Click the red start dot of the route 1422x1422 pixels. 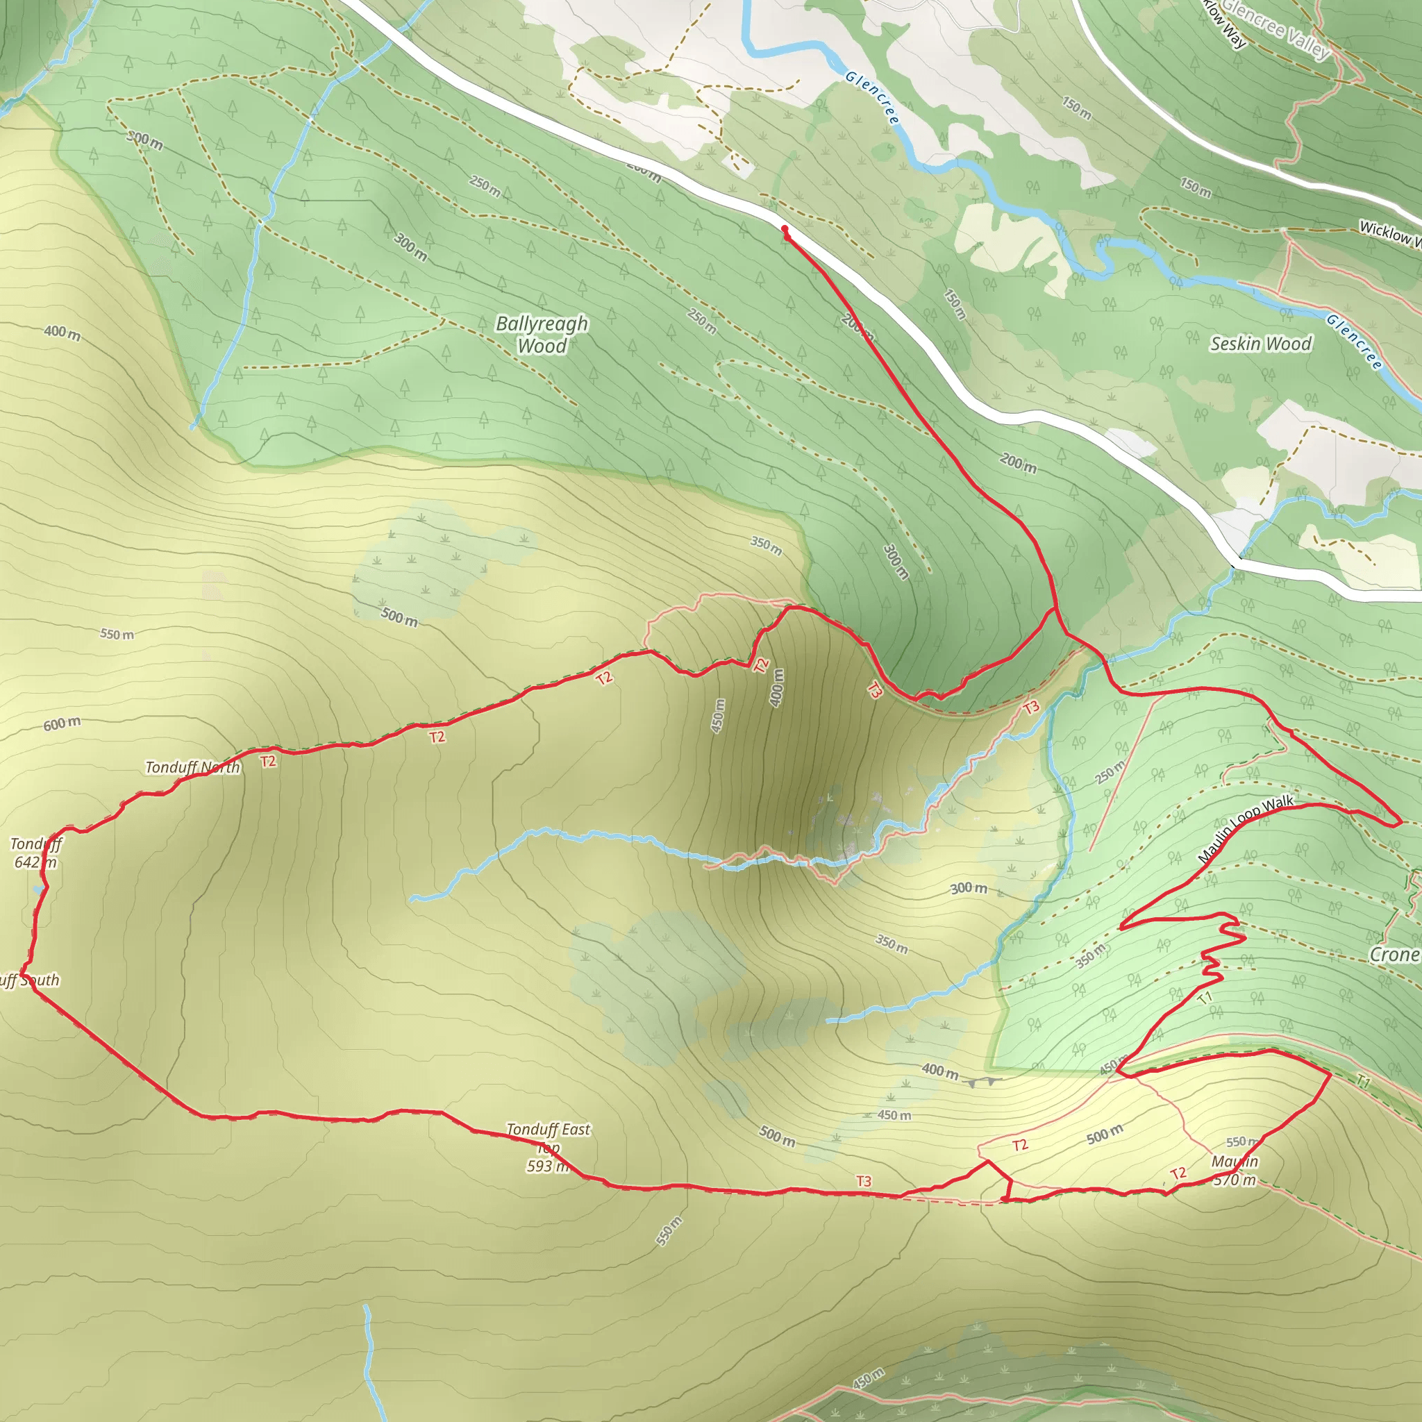coord(785,229)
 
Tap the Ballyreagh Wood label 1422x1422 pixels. coord(542,334)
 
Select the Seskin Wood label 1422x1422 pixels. coord(1261,344)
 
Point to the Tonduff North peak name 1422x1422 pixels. coord(192,768)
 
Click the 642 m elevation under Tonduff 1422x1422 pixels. coord(35,862)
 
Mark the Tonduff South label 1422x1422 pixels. coord(29,980)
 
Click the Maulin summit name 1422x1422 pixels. coord(1235,1162)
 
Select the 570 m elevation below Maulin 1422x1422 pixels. coord(1235,1180)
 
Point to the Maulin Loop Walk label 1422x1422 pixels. coord(1246,829)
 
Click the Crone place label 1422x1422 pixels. coord(1394,955)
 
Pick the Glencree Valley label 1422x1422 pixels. coord(1276,29)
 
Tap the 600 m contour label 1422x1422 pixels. coord(62,723)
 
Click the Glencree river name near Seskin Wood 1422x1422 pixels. coord(1354,341)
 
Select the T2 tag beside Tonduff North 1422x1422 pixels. coord(269,761)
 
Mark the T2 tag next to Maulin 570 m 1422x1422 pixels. coord(1178,1173)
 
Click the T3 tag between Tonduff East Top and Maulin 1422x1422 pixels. coord(863,1180)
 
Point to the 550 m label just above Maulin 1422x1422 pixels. coord(1241,1141)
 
